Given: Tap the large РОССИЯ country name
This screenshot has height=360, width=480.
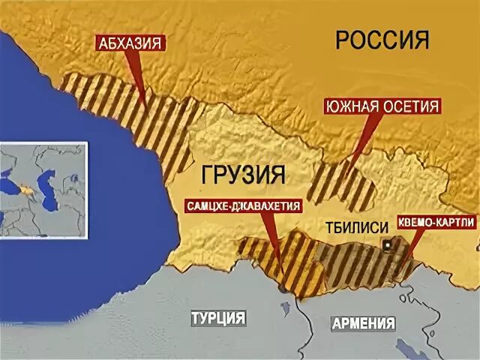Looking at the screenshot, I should tap(382, 39).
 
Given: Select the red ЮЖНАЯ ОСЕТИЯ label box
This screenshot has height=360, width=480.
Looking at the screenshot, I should tap(382, 106).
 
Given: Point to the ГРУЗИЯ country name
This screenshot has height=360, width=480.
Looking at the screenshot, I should tap(244, 175).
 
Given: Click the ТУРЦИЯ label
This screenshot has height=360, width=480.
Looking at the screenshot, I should tap(217, 318).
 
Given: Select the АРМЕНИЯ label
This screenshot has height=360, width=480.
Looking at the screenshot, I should tap(363, 324).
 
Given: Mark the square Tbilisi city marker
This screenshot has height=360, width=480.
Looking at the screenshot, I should tap(387, 244).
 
